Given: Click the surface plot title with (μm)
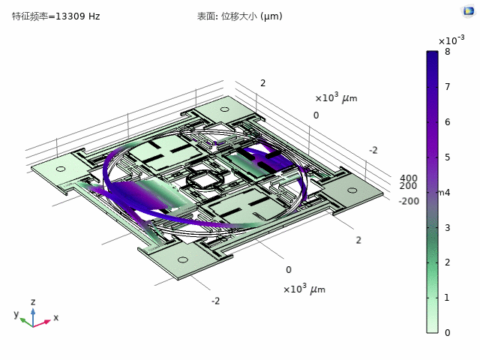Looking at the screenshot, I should coord(250,16).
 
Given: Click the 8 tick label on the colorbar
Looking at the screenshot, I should coord(447,52).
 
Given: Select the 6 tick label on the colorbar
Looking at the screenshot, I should coord(447,122).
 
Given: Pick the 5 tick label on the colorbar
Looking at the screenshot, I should coord(447,157).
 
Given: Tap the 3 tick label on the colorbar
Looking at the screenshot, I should coord(447,227).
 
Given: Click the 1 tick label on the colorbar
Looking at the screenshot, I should coord(447,298).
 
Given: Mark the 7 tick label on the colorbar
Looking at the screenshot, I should coord(447,87).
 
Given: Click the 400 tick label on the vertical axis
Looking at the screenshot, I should coord(408,178).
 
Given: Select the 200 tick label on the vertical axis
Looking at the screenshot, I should coord(408,186).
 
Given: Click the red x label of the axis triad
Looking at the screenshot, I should coord(55,318).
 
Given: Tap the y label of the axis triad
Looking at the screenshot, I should coord(15,314).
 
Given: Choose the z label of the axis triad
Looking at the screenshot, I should coord(33,301).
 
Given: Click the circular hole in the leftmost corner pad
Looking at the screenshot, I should coord(61,169).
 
